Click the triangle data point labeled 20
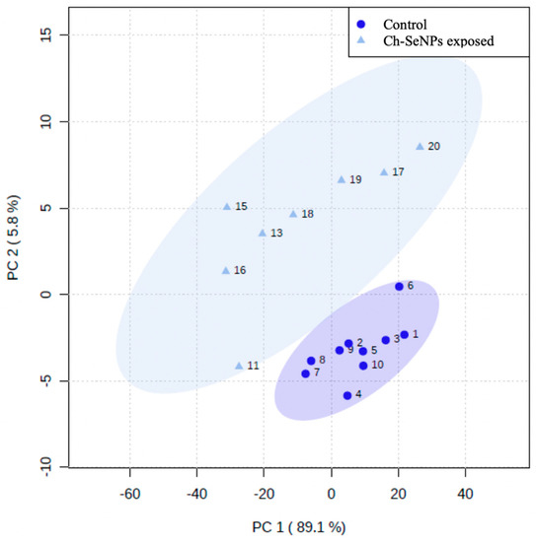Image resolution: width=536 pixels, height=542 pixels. coord(420,146)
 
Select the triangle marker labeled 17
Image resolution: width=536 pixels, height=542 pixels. coord(384,171)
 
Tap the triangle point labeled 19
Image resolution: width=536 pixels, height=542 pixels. coord(342,179)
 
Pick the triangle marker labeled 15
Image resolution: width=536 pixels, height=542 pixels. coord(227,206)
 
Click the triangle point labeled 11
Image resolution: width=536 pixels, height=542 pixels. coord(239,365)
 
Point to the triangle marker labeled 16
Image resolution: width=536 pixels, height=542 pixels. coord(226,270)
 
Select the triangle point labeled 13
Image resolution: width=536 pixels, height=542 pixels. coord(263,233)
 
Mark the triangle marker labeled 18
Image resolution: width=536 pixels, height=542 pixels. coord(293,213)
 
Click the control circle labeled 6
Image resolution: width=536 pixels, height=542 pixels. coord(399,287)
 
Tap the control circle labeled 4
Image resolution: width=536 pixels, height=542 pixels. coord(347,395)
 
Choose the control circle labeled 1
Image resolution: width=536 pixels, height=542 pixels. coord(404,335)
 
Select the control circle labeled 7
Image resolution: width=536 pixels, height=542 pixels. coord(305,373)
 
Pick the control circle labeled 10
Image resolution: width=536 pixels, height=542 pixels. coord(363,366)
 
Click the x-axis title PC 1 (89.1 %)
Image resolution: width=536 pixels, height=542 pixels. coord(296,528)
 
